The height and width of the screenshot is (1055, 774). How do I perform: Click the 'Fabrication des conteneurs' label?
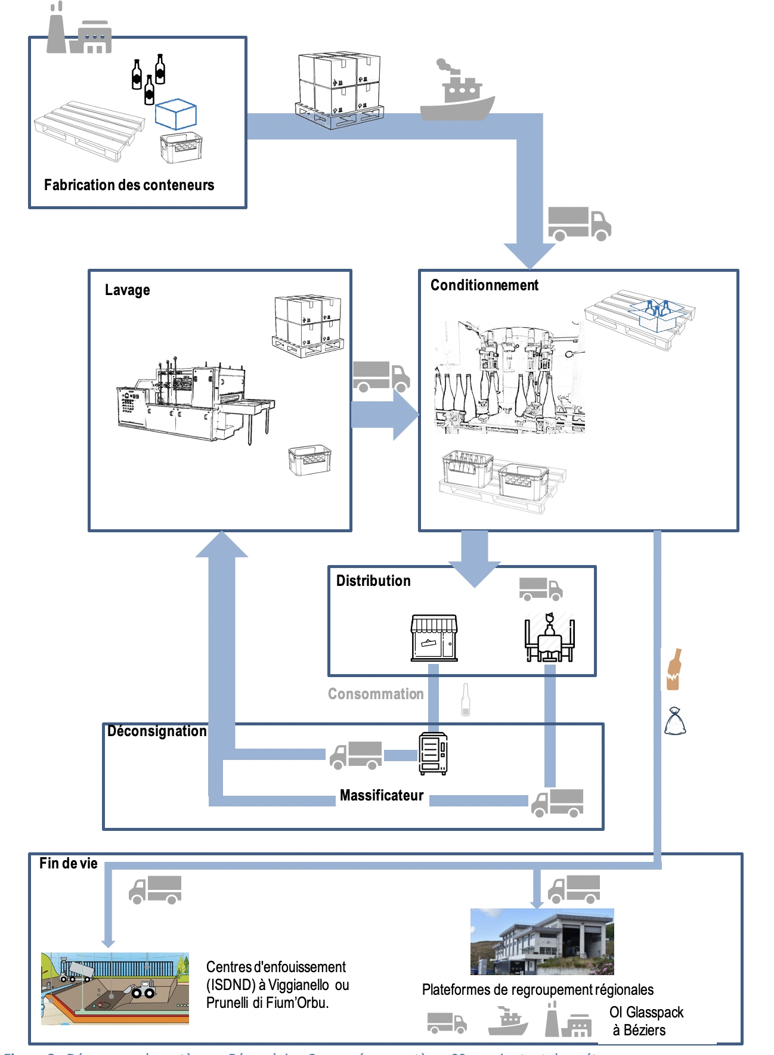[129, 185]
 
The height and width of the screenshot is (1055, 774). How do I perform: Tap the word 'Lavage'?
[127, 290]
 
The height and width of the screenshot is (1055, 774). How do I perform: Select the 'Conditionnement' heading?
[484, 286]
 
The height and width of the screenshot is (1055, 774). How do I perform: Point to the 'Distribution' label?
[373, 581]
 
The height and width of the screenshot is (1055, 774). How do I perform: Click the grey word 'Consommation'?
[376, 694]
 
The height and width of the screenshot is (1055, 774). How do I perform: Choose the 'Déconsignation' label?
[157, 731]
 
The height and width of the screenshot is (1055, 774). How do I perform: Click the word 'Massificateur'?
[382, 796]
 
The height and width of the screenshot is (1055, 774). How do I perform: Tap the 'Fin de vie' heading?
[69, 864]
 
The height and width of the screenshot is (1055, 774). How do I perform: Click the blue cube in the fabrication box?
[176, 114]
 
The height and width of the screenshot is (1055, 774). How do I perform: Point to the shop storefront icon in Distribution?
[434, 638]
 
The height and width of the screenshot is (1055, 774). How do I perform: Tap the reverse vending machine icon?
[434, 754]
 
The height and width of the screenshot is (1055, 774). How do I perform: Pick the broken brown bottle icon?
[674, 669]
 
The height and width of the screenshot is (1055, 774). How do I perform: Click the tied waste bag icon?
[675, 721]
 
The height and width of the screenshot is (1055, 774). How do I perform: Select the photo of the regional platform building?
[542, 941]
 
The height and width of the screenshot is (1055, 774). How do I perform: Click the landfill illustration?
[115, 988]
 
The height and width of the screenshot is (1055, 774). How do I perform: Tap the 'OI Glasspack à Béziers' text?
[646, 1021]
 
